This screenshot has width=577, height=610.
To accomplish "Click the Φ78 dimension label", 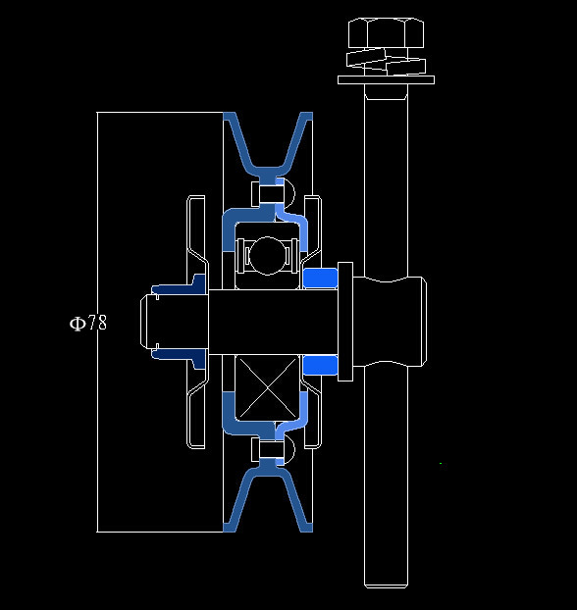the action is tap(88, 323).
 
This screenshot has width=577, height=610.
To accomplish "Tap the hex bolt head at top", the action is tap(386, 32).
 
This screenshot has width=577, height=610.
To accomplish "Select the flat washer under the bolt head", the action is tap(386, 79).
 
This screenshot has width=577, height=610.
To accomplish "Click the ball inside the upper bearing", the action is tap(267, 256).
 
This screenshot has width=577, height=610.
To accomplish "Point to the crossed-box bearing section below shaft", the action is tap(267, 387).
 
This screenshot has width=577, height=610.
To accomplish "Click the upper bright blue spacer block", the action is tap(320, 278).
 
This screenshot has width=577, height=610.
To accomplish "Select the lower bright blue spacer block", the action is tap(320, 365).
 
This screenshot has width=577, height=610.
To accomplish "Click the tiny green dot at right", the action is tap(441, 463).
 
